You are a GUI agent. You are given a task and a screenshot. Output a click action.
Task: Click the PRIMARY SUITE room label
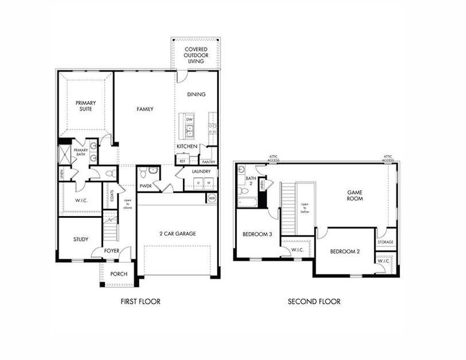(86, 106)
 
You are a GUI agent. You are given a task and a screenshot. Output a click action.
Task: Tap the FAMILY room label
(145, 109)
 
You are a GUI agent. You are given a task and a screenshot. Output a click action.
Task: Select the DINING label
(196, 94)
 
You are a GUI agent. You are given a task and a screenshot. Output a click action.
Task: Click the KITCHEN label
(187, 146)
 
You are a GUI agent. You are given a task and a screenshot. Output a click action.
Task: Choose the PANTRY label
(209, 162)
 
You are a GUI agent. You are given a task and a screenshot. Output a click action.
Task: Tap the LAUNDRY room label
(202, 172)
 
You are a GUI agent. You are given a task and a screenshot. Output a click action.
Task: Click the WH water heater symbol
(212, 197)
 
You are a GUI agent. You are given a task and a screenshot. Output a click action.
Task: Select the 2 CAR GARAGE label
(178, 233)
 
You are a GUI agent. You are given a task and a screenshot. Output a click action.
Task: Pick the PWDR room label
(146, 186)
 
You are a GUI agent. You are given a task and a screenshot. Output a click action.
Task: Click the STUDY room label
(81, 239)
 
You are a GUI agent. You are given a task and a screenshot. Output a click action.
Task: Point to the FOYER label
(112, 251)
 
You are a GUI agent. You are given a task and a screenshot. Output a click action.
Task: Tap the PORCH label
(119, 274)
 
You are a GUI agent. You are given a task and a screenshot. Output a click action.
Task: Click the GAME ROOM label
(356, 197)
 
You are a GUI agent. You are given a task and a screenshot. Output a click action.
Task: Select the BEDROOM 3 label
(257, 234)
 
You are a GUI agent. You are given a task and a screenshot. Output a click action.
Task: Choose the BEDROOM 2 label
(345, 251)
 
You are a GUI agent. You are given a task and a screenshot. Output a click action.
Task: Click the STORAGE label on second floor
(386, 242)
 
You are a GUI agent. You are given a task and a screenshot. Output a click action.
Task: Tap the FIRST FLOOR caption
(140, 301)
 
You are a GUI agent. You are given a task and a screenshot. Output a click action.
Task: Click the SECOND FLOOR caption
(314, 301)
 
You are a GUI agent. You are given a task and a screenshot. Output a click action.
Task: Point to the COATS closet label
(112, 196)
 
